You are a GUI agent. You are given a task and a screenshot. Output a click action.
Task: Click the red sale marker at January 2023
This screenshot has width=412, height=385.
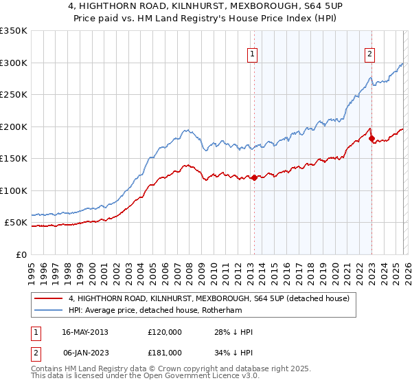pyautogui.click(x=371, y=139)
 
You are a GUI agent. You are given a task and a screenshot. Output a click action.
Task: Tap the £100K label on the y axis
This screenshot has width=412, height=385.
pyautogui.click(x=14, y=190)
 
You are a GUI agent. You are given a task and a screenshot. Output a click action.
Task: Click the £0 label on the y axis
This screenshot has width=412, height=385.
pyautogui.click(x=21, y=254)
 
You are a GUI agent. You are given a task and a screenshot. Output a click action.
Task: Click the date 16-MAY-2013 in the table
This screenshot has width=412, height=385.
pyautogui.click(x=84, y=332)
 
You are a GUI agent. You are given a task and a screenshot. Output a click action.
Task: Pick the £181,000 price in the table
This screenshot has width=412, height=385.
pyautogui.click(x=164, y=353)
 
